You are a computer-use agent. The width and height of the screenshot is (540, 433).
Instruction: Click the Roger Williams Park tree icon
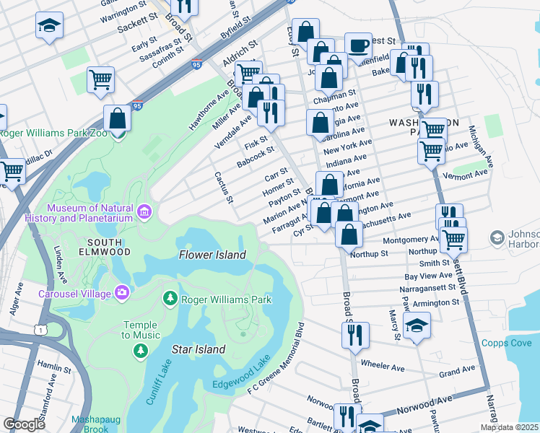tap(170, 298)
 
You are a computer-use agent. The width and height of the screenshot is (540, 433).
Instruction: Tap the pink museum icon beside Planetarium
tap(145, 212)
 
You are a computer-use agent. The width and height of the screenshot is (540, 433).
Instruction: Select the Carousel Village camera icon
tap(121, 293)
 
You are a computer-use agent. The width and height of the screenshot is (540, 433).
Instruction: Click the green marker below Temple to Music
tap(140, 351)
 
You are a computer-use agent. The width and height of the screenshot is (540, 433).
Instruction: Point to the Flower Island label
tap(212, 255)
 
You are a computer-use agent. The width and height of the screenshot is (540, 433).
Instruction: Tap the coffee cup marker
tap(358, 45)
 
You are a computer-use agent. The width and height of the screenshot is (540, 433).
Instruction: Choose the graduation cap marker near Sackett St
tap(49, 25)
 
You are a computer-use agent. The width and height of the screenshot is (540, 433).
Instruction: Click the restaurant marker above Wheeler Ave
tap(355, 334)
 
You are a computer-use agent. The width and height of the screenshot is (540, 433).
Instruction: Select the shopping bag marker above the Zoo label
tap(117, 118)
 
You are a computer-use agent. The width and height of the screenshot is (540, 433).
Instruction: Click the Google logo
tap(24, 424)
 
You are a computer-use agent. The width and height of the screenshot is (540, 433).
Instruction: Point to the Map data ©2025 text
tap(509, 427)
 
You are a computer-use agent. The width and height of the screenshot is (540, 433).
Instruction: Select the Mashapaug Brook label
tap(91, 424)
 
